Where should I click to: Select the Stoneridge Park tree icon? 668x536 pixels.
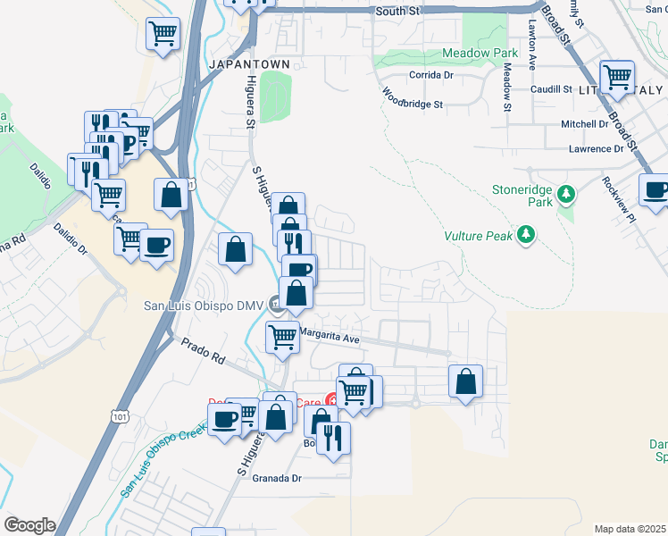click(x=565, y=194)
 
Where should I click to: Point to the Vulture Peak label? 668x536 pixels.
click(x=479, y=236)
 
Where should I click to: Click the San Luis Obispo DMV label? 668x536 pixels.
click(x=204, y=306)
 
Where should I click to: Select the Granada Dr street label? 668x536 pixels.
click(x=278, y=479)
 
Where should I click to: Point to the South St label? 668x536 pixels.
click(x=397, y=12)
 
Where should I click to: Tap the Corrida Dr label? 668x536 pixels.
click(x=431, y=75)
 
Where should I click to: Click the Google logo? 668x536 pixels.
click(x=29, y=525)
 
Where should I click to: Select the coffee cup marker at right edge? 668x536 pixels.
click(x=655, y=189)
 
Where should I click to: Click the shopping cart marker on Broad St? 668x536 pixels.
click(x=616, y=77)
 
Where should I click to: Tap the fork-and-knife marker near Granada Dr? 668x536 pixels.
click(x=333, y=438)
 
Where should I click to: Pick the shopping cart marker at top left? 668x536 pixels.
click(x=163, y=34)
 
